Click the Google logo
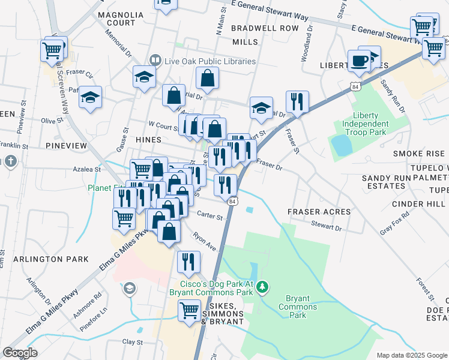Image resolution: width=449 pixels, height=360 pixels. (20, 353)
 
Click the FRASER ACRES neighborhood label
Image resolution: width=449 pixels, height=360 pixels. (315, 212)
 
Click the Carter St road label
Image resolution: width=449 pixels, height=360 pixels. (209, 217)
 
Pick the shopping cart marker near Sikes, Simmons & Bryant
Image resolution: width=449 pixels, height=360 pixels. (190, 311)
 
